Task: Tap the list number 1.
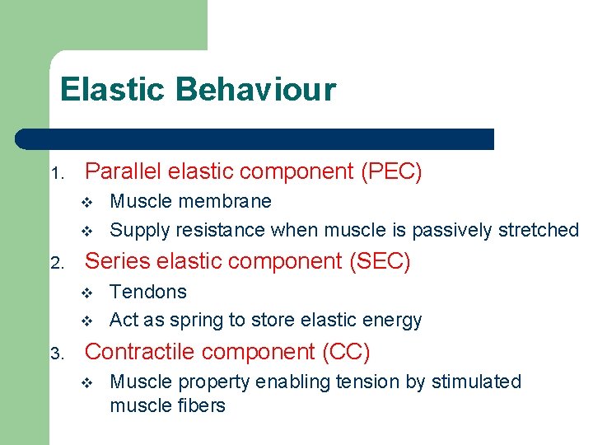[56, 174]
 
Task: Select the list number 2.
[56, 264]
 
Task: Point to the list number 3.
[56, 354]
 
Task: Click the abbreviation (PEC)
[390, 171]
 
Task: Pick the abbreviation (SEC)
[378, 261]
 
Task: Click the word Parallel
[121, 171]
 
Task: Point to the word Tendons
[148, 292]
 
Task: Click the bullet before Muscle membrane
[91, 203]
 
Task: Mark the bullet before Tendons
[91, 293]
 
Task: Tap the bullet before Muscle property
[91, 383]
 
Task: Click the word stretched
[539, 230]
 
